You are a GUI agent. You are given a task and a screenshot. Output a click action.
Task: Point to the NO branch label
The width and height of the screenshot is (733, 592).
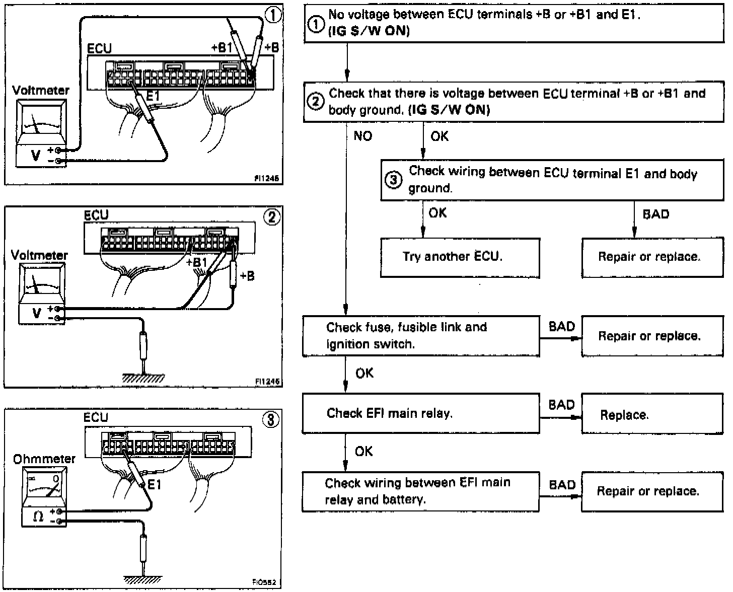pyautogui.click(x=362, y=136)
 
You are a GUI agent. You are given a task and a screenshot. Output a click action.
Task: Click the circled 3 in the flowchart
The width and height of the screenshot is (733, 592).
pyautogui.click(x=394, y=179)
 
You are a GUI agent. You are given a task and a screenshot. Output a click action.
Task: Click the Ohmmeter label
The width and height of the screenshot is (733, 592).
pyautogui.click(x=44, y=459)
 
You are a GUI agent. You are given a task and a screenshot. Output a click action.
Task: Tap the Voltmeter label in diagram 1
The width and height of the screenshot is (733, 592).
pyautogui.click(x=41, y=91)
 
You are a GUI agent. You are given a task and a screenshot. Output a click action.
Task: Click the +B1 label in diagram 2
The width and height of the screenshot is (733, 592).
pyautogui.click(x=196, y=262)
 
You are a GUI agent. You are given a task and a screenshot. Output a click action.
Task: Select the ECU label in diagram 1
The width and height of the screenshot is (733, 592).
pyautogui.click(x=99, y=49)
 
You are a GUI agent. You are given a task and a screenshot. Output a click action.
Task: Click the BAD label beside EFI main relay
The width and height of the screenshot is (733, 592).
pyautogui.click(x=561, y=405)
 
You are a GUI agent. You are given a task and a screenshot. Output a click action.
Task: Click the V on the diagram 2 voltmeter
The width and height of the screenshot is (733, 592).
pyautogui.click(x=36, y=313)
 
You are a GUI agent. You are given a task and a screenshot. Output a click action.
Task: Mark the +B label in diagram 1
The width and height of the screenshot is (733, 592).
pyautogui.click(x=271, y=48)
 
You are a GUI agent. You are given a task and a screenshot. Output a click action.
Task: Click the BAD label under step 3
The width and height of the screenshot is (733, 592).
pyautogui.click(x=656, y=214)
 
